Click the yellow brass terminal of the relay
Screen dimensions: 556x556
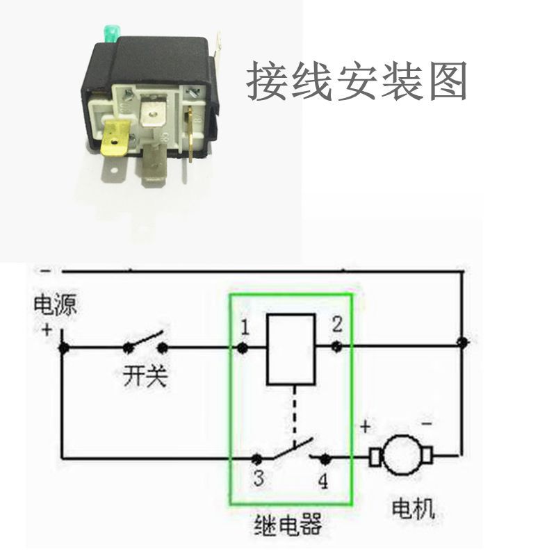coord(115,138)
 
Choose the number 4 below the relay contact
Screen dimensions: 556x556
coord(323,482)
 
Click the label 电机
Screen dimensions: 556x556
coord(413,509)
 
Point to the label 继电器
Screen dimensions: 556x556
coord(291,525)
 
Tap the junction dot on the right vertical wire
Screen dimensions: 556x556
coord(462,343)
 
